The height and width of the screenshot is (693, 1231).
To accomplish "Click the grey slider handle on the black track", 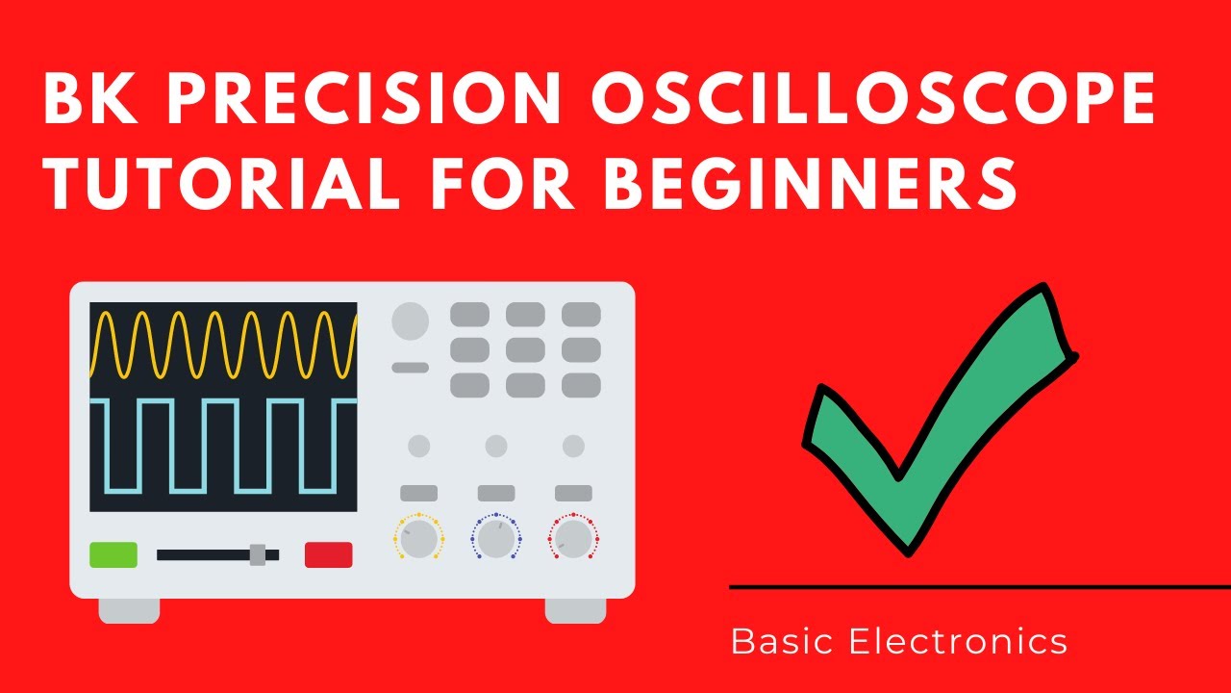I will click(x=257, y=554).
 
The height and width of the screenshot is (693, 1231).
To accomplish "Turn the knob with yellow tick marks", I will click(x=418, y=540).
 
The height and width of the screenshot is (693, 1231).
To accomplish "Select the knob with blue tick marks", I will click(x=495, y=540).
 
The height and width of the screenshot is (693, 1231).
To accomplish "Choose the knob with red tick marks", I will click(x=573, y=540).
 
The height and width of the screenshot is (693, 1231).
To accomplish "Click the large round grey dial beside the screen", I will click(x=410, y=321).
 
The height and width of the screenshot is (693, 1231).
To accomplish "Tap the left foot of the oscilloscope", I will click(x=129, y=610).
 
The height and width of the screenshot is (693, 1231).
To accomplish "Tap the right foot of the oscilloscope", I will click(x=575, y=610).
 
